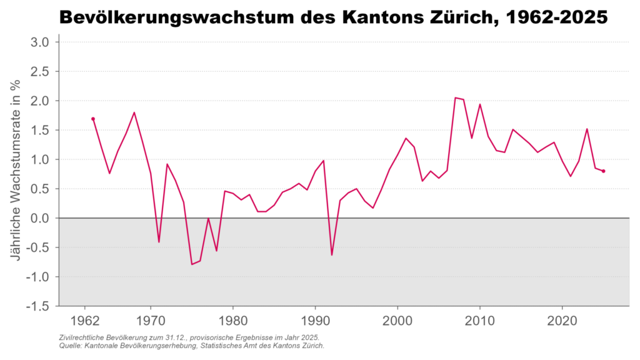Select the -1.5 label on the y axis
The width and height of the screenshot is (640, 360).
tap(39, 306)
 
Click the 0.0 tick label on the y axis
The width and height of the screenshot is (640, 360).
tap(41, 218)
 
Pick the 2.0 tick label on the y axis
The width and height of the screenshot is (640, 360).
tap(41, 101)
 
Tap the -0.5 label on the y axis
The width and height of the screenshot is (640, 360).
tap(39, 247)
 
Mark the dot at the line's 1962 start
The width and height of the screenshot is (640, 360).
tap(93, 119)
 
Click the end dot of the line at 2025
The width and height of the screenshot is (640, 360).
tap(603, 171)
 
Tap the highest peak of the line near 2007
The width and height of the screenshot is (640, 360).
tap(456, 97)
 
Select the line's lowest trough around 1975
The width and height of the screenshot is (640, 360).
tap(192, 264)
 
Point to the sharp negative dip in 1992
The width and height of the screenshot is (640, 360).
tap(332, 255)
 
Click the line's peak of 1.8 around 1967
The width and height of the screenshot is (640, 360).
tap(134, 112)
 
